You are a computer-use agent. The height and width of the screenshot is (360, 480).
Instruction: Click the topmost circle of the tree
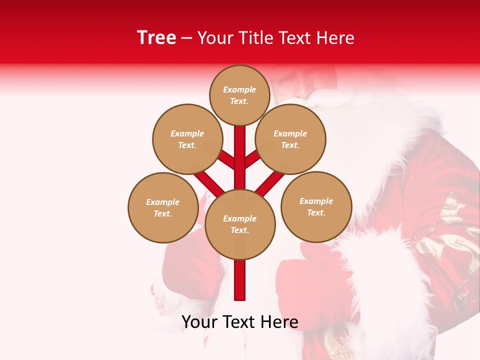pyautogui.click(x=239, y=95)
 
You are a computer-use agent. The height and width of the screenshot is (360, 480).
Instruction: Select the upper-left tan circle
pyautogui.click(x=187, y=139)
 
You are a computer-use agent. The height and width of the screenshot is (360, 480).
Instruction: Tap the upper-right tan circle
pyautogui.click(x=290, y=139)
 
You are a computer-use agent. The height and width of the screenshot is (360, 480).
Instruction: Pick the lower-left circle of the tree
pyautogui.click(x=163, y=208)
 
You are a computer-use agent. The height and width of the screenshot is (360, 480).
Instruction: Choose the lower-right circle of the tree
pyautogui.click(x=316, y=207)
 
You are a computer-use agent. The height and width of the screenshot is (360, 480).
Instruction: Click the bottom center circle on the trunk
pyautogui.click(x=240, y=224)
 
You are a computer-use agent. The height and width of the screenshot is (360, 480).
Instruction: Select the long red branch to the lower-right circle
pyautogui.click(x=270, y=183)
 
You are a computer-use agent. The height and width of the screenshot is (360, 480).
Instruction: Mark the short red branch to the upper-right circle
pyautogui.click(x=252, y=159)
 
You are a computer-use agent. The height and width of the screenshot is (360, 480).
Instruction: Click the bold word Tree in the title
pyautogui.click(x=156, y=37)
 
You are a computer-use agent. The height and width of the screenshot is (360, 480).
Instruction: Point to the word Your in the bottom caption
pyautogui.click(x=199, y=322)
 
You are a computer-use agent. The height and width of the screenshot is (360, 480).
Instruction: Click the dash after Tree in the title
pyautogui.click(x=187, y=38)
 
